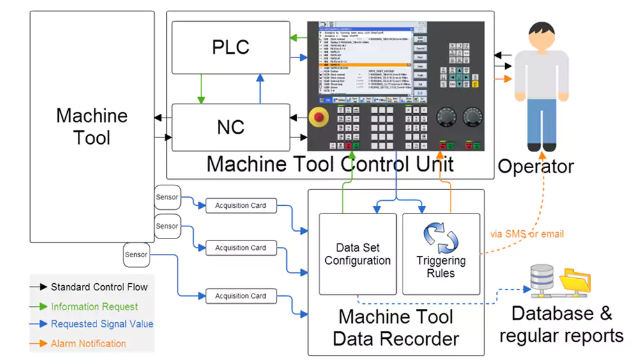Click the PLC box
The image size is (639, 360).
pos(231,47)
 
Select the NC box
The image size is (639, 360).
pos(231,127)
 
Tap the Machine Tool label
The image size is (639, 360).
pos(92,127)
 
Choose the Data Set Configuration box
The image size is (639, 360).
pos(357,254)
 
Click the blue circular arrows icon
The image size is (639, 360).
pos(441,238)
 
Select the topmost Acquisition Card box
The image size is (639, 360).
pos(240,206)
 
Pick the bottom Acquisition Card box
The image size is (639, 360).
pos(240,296)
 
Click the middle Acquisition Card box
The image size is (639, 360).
pos(240,248)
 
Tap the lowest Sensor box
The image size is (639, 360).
pos(136,255)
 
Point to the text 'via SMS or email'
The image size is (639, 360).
pos(527,234)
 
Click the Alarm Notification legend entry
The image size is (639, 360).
pos(88,343)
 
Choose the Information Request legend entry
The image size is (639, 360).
pos(94,307)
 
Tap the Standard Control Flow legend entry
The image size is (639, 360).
pos(99,287)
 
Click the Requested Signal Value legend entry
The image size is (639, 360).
pos(102,324)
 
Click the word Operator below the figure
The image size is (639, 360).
pos(535,167)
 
